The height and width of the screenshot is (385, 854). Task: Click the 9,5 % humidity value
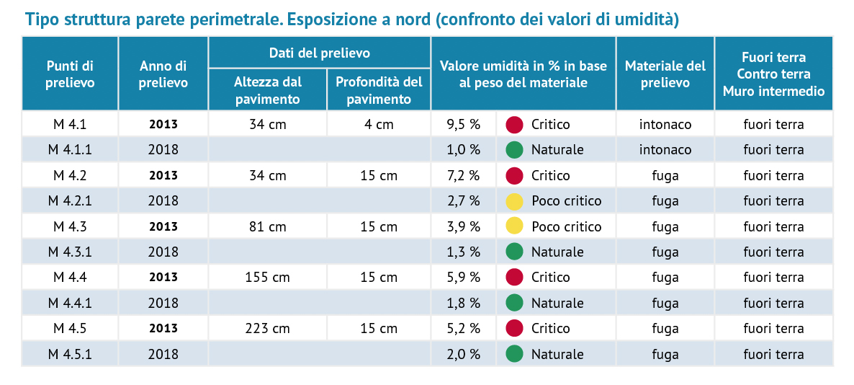click(463, 124)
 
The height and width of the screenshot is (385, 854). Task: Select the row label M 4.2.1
click(70, 200)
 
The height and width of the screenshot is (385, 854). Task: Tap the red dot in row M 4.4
click(514, 277)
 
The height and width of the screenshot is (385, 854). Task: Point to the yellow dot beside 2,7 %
click(514, 201)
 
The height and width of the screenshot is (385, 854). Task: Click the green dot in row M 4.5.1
click(514, 354)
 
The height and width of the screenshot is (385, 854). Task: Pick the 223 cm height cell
click(267, 328)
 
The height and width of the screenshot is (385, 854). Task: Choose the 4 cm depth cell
click(379, 124)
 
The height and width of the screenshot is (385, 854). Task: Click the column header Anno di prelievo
click(163, 74)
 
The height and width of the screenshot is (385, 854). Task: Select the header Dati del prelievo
click(319, 53)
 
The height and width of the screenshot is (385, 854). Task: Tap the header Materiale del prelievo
click(665, 74)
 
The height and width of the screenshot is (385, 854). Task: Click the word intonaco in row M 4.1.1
click(665, 149)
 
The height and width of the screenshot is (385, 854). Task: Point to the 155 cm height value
click(267, 277)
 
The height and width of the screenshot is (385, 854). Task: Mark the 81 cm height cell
click(267, 226)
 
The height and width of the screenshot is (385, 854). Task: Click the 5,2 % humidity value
click(463, 328)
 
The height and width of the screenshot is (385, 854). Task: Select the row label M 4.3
click(70, 226)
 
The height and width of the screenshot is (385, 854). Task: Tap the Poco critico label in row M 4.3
click(567, 226)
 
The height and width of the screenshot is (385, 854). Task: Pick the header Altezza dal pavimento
click(267, 91)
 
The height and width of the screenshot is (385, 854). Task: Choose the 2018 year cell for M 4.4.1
click(163, 303)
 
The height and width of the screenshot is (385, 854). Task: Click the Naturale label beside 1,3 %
click(557, 252)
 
